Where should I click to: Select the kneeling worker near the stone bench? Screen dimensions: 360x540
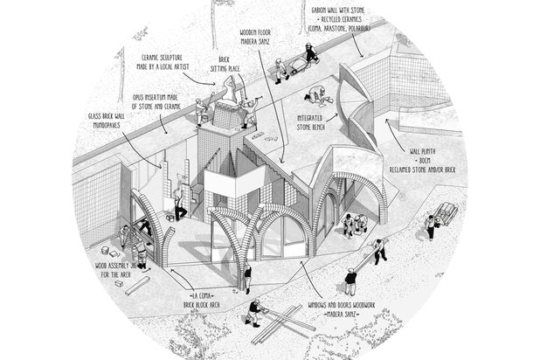coord(315,99)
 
